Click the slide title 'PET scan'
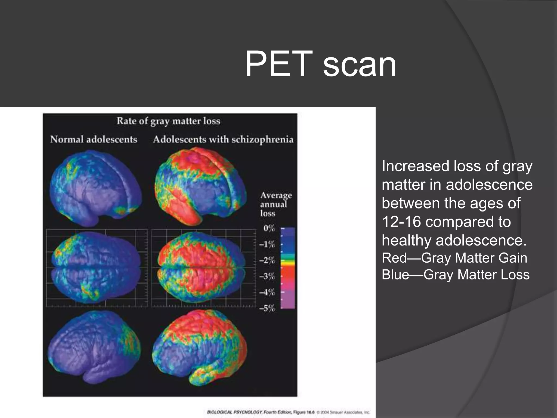320,64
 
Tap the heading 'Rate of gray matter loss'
168,121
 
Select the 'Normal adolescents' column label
94,140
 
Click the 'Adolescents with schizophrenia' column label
223,140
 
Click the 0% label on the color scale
269,228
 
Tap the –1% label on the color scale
267,244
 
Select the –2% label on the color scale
267,260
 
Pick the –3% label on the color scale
267,276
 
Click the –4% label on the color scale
267,292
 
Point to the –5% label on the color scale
267,308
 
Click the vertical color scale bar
288,268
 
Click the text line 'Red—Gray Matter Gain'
454,258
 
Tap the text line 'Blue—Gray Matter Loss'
456,275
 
